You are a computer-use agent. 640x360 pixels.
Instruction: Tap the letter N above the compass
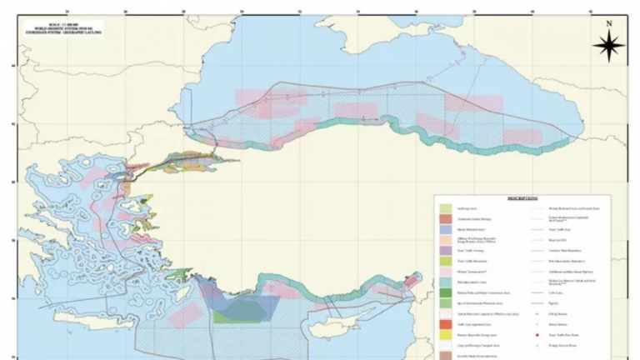pyautogui.click(x=608, y=24)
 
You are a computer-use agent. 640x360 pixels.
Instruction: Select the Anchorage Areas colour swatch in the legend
pyautogui.click(x=446, y=208)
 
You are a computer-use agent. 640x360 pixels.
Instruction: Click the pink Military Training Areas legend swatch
pyautogui.click(x=446, y=272)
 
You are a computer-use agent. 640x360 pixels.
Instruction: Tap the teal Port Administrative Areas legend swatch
pyautogui.click(x=446, y=282)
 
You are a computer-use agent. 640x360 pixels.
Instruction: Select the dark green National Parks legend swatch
pyautogui.click(x=446, y=293)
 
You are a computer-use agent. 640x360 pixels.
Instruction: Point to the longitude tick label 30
pyautogui.click(x=241, y=12)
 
